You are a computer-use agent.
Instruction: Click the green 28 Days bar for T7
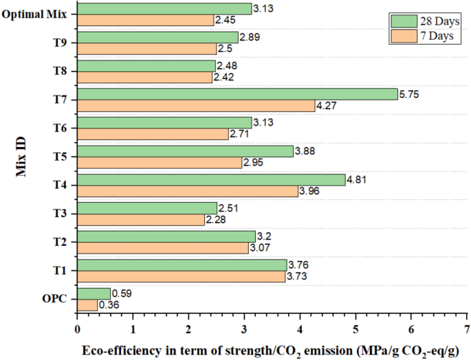pos(237,94)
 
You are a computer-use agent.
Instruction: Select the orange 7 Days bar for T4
pos(187,191)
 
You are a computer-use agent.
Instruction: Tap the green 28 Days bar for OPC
pos(93,293)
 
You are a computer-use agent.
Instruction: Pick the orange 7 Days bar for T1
pos(180,276)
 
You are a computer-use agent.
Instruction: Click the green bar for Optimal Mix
pos(164,8)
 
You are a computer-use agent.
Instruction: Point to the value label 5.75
pos(410,94)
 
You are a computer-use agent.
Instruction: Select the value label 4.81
pos(358,179)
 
